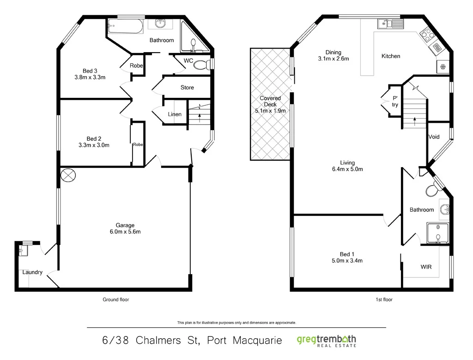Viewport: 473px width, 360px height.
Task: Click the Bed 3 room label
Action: tap(90, 71)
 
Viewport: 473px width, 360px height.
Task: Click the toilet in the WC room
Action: tap(201, 65)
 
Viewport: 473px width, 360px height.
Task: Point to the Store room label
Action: tap(187, 87)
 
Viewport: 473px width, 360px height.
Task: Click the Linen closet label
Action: tap(175, 114)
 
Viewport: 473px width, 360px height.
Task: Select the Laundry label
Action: tap(32, 272)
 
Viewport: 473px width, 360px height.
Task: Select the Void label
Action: tap(434, 137)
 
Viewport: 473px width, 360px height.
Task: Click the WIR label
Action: tap(426, 267)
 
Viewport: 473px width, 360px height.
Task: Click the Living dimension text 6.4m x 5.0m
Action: tap(347, 169)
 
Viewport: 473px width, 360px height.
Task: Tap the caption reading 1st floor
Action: tap(384, 300)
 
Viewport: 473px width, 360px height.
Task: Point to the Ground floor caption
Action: tap(115, 300)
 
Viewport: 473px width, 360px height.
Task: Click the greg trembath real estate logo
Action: tap(326, 341)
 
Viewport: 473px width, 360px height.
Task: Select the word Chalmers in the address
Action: tap(168, 341)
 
